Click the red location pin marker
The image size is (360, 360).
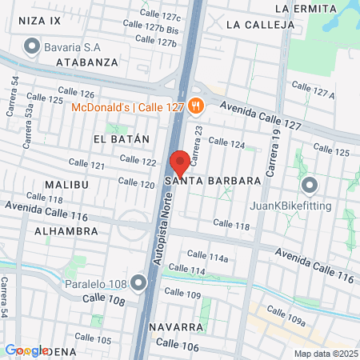pos(180,162)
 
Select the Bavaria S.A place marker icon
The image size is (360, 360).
pos(33,46)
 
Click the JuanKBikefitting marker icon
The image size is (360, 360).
pos(310,186)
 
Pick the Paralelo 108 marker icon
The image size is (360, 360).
pos(140,282)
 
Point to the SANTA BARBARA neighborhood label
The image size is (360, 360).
pos(213,182)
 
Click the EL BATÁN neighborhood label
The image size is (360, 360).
pos(122,139)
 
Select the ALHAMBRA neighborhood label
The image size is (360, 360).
pos(66,230)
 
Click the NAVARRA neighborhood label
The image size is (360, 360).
pos(175,327)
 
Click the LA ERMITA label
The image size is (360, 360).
pos(303,7)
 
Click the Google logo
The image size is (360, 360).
pos(26,350)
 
